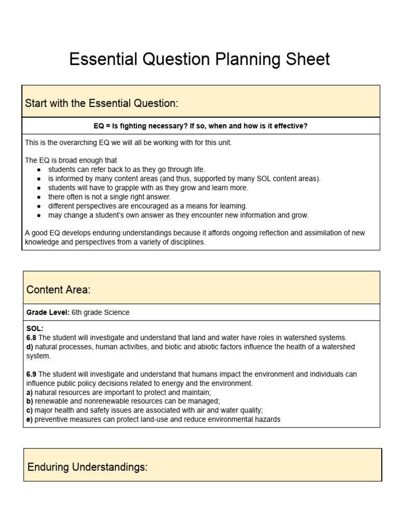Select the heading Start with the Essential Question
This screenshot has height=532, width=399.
tap(101, 103)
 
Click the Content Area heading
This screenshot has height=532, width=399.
tap(58, 289)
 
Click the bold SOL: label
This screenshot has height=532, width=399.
tap(35, 329)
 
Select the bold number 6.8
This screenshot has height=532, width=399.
tap(32, 338)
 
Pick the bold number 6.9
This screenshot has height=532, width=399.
tap(32, 374)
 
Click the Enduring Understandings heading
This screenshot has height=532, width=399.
tap(87, 467)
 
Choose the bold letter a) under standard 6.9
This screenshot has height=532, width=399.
tap(30, 392)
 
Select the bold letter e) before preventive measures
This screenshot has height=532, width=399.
tap(30, 419)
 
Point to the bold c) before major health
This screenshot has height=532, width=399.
tap(30, 410)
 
